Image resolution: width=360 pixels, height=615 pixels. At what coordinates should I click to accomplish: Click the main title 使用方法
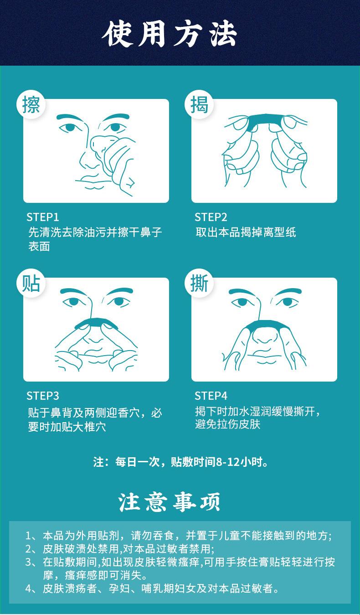point(170,34)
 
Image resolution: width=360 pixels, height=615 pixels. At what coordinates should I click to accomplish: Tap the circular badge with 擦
point(31,105)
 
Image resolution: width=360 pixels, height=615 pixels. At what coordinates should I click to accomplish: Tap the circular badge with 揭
point(200,105)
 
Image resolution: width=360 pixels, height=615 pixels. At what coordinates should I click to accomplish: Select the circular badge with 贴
point(31,284)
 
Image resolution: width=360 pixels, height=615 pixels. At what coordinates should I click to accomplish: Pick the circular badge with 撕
point(200,284)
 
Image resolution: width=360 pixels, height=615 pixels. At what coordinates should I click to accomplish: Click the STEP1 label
point(43,217)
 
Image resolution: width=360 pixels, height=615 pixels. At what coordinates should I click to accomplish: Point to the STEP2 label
point(211,217)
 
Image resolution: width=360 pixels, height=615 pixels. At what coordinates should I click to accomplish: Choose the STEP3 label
point(43,395)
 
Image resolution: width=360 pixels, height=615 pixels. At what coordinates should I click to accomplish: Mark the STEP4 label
point(211,395)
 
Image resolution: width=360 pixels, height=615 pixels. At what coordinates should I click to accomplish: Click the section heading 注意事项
point(170,502)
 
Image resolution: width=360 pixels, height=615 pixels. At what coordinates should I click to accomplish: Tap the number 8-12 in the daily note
point(228,462)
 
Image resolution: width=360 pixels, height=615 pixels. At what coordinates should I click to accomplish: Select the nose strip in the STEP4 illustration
point(264,325)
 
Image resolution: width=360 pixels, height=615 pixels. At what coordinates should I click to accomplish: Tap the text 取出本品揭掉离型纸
point(246,233)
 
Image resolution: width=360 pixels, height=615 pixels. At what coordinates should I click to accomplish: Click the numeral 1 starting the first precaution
point(28,536)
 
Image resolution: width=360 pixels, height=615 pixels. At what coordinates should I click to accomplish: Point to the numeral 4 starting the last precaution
point(28,589)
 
